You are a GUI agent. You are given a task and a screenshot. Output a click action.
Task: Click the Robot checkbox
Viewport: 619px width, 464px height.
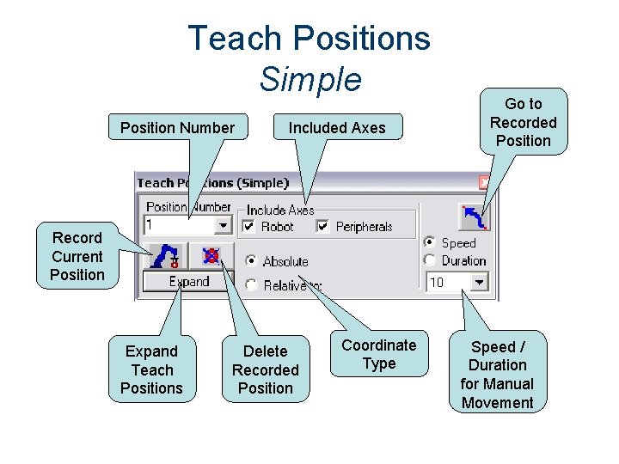(249, 227)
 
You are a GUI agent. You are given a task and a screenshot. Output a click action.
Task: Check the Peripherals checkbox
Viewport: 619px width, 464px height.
(323, 227)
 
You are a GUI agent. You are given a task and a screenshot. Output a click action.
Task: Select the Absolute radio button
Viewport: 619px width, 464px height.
(251, 260)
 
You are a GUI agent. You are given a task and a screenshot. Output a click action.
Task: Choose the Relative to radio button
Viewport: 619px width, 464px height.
(251, 284)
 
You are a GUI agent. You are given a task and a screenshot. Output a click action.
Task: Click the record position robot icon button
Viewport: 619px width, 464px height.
(169, 256)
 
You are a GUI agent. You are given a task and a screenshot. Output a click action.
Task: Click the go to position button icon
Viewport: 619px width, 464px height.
(474, 217)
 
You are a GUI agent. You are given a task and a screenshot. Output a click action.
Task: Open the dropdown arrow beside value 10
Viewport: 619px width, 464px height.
(479, 282)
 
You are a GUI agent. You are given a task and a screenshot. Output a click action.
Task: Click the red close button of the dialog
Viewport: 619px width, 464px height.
(485, 182)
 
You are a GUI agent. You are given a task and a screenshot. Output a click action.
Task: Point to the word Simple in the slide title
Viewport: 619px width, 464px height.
(310, 79)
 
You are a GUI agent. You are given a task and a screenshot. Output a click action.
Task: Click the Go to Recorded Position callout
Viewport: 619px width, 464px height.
(523, 122)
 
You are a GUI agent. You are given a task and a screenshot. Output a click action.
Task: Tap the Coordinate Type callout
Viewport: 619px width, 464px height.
(378, 354)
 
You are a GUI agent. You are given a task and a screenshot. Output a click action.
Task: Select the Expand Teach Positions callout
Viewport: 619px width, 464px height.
(151, 369)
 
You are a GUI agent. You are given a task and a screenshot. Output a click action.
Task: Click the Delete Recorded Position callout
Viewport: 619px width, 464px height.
(265, 369)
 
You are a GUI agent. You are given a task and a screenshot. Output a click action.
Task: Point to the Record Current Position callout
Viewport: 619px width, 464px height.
(77, 256)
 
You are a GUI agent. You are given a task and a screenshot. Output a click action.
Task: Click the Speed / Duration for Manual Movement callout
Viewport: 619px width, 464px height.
(497, 375)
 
